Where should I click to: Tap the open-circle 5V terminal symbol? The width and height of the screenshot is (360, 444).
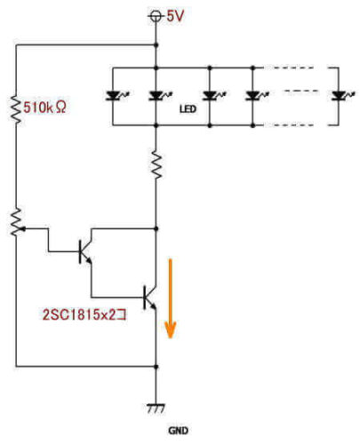[x=156, y=15]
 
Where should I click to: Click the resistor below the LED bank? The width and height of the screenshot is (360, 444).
[x=157, y=165]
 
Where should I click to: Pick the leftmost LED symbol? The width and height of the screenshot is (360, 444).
[x=113, y=96]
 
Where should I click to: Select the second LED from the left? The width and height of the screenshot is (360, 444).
[x=157, y=96]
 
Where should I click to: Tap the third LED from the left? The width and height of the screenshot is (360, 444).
[x=211, y=96]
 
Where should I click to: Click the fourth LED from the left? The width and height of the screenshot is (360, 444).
[x=253, y=96]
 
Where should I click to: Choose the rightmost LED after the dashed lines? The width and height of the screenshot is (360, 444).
[x=339, y=96]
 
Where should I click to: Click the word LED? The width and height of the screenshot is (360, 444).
[x=187, y=111]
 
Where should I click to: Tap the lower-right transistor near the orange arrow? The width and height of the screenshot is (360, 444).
[x=149, y=296]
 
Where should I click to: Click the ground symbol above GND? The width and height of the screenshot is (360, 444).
[x=157, y=408]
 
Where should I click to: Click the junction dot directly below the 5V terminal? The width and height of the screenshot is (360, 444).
[x=157, y=44]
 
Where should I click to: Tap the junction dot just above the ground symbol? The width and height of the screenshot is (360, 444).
[x=157, y=365]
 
